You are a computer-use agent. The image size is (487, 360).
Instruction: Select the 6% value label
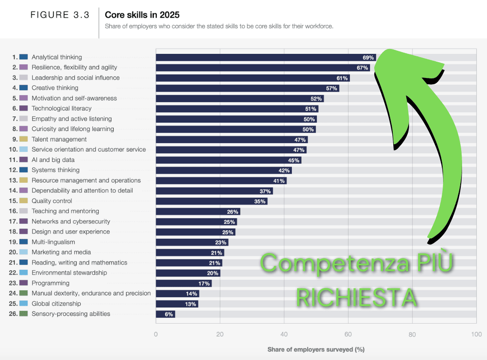[169, 314]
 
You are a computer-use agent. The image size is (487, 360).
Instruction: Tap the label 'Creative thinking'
[55, 88]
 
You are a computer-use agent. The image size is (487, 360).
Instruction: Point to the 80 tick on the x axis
[412, 335]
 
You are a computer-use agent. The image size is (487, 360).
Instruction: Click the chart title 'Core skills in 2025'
[142, 15]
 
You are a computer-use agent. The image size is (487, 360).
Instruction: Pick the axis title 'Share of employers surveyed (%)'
[316, 350]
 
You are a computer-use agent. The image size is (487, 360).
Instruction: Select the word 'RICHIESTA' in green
[356, 297]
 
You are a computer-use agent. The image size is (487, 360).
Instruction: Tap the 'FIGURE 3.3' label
[60, 15]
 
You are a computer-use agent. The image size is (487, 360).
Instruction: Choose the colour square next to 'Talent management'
[24, 139]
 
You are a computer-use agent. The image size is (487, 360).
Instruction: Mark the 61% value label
[342, 78]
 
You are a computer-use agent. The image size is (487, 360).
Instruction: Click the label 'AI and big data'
[53, 160]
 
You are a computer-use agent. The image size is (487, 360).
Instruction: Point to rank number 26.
[13, 314]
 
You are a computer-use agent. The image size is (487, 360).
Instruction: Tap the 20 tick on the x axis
[220, 335]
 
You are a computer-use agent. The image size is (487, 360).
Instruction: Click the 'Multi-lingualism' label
[53, 242]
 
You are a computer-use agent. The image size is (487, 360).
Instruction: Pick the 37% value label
[265, 191]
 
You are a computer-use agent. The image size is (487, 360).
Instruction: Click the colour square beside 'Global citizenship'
[24, 303]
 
